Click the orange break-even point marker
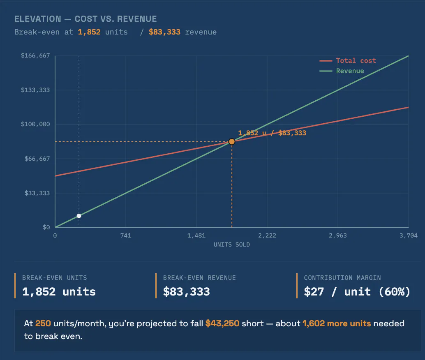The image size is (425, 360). [x=232, y=141]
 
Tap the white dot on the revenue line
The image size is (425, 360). [x=79, y=216]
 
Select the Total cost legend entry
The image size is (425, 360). [x=348, y=61]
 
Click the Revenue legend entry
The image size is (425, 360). [x=342, y=71]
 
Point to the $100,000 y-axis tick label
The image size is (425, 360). [x=35, y=124]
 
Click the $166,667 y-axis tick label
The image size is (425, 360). [x=35, y=55]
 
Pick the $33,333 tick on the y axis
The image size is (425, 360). [x=37, y=193]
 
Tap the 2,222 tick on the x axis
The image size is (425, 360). [x=267, y=235]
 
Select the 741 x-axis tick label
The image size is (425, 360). [x=126, y=235]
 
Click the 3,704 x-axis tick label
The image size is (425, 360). [x=409, y=235]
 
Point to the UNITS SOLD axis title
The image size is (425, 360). [x=232, y=245]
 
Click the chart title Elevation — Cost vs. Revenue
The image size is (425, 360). [x=85, y=19]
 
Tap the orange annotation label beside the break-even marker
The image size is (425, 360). [x=272, y=133]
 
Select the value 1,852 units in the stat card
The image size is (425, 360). [x=59, y=292]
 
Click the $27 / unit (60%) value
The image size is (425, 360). [x=357, y=292]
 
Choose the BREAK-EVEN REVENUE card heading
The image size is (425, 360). [x=199, y=278]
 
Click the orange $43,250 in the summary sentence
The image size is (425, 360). [x=222, y=323]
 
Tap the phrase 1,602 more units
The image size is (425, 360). [x=337, y=323]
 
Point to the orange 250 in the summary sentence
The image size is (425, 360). [x=43, y=323]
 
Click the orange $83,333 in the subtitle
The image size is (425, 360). [x=164, y=32]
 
